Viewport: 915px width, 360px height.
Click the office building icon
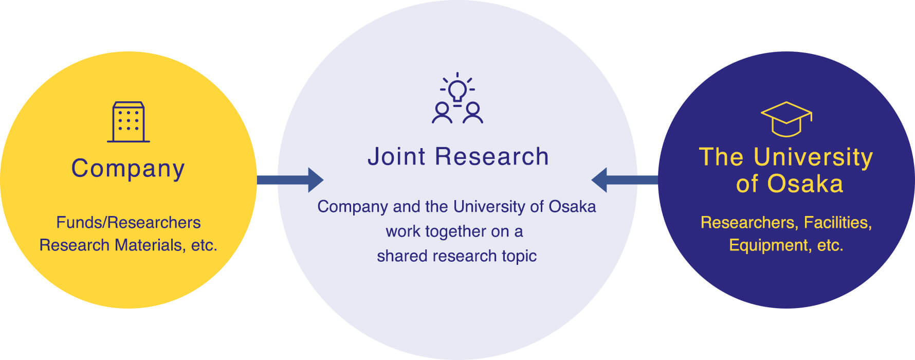129,122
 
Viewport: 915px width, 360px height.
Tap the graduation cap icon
786,119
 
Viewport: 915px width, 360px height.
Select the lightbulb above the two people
457,91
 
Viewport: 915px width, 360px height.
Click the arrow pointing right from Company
290,180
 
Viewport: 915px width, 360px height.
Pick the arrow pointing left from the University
625,180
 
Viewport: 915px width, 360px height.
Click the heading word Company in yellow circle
128,169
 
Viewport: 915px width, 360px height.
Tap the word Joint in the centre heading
396,156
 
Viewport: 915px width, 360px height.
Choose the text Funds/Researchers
129,222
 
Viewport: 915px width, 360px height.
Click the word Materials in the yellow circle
148,245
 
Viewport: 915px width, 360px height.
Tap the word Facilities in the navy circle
837,222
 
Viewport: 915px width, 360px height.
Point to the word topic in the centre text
519,256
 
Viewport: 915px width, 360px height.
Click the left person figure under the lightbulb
442,113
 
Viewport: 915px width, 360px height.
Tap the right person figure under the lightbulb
472,113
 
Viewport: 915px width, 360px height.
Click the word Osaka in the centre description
572,206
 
